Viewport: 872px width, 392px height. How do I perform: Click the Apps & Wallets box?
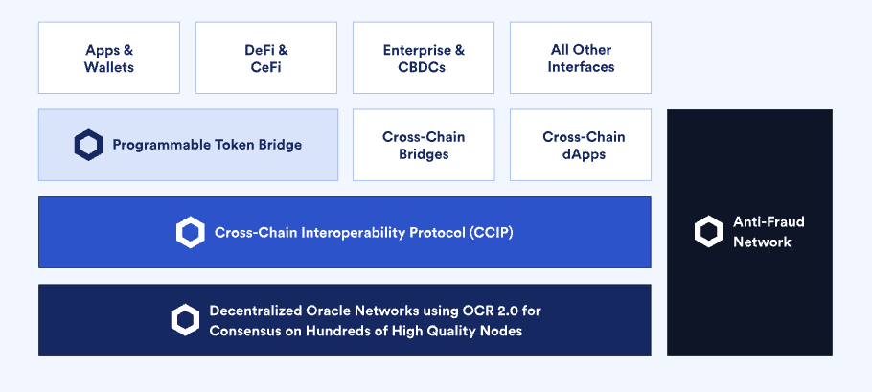point(109,58)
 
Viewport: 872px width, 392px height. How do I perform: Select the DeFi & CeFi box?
point(266,58)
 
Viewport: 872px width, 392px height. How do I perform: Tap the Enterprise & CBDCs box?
point(424,58)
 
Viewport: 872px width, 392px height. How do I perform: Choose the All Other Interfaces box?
point(581,58)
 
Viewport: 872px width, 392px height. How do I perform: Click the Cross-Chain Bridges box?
point(424,145)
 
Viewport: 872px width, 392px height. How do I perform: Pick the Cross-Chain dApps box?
point(581,145)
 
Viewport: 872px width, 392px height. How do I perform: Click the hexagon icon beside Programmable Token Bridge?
point(88,145)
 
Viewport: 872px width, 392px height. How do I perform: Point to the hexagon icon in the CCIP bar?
point(190,232)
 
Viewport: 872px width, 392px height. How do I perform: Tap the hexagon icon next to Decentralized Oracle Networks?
point(185,320)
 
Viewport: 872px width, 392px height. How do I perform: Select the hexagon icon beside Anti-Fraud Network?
point(708,232)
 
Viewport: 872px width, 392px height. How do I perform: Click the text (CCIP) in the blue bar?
point(491,232)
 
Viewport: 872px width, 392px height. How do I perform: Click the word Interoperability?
point(354,232)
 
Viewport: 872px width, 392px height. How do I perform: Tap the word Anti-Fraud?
point(769,221)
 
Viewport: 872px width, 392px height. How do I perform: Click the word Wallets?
point(109,67)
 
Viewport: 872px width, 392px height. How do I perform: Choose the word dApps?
point(584,154)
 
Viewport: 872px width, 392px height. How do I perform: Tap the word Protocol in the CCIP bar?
point(437,232)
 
